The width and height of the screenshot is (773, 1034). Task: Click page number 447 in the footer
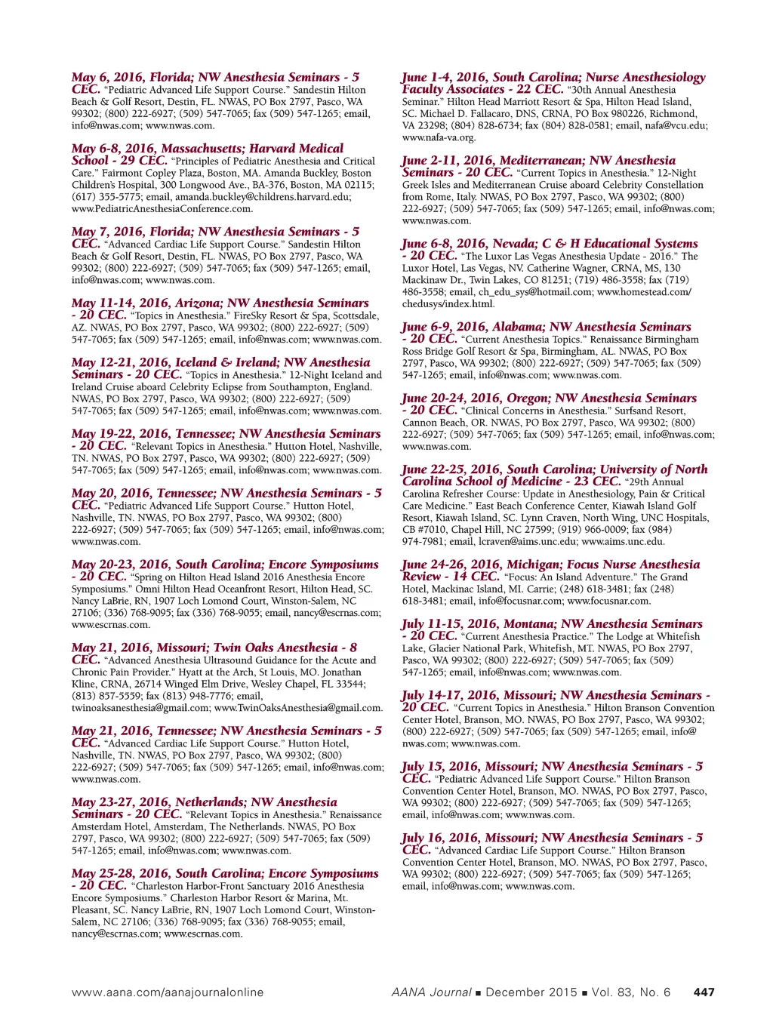[x=704, y=992]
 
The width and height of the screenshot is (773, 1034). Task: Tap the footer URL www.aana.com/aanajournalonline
[x=168, y=992]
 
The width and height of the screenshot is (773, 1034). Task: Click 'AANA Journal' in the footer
[x=431, y=992]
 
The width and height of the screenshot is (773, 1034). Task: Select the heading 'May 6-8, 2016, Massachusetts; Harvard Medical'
[x=208, y=149]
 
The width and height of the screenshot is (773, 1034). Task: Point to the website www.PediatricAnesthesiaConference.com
[x=162, y=209]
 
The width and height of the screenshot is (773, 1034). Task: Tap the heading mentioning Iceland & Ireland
[x=220, y=363]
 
